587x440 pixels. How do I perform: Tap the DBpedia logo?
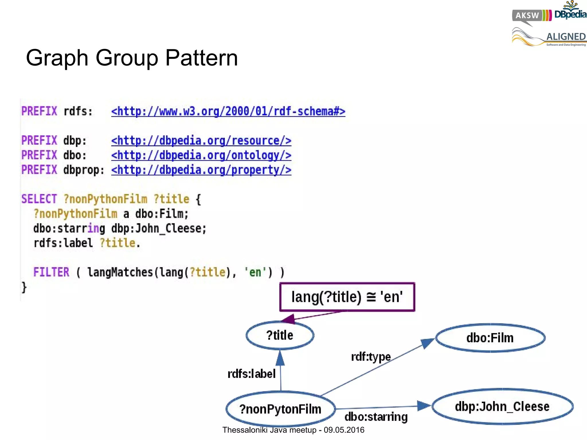(x=570, y=13)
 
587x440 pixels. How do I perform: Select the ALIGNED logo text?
(x=566, y=37)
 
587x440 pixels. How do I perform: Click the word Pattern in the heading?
(x=201, y=58)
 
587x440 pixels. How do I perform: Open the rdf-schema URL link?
(x=228, y=111)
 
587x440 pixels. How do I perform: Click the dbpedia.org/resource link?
(x=201, y=141)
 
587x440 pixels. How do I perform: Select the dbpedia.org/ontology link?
(x=201, y=155)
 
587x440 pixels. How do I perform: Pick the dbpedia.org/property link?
(x=201, y=170)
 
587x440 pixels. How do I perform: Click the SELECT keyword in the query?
(x=39, y=199)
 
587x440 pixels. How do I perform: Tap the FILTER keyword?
(x=51, y=272)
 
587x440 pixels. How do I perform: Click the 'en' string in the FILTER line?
(x=255, y=272)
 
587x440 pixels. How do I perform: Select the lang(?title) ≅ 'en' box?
(x=347, y=297)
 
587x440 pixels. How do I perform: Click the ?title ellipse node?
(x=280, y=335)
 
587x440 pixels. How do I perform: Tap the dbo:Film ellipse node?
(x=490, y=338)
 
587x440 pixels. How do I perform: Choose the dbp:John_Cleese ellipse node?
(x=502, y=407)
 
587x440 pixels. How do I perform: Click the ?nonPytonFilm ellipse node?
(x=280, y=409)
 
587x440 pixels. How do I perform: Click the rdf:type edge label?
(x=371, y=357)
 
